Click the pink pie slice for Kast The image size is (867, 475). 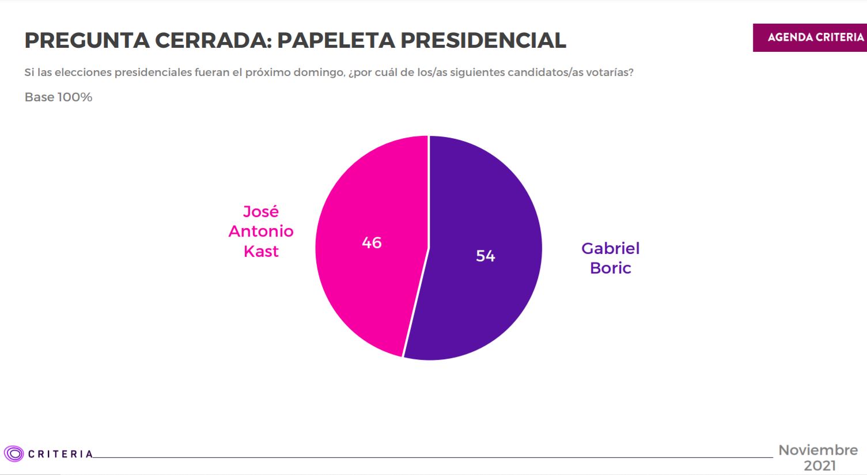[x=363, y=276]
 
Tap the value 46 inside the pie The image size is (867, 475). [x=372, y=242]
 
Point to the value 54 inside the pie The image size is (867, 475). [x=486, y=256]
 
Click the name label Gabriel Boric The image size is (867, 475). [x=611, y=258]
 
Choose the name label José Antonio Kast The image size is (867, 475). [x=261, y=231]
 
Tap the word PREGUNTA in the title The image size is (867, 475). [x=86, y=40]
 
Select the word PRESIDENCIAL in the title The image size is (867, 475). [x=483, y=40]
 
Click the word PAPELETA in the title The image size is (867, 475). [x=336, y=40]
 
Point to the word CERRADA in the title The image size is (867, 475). [x=211, y=40]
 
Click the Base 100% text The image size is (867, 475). [x=58, y=97]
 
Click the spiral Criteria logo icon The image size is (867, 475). [x=13, y=454]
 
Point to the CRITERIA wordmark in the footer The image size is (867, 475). [x=60, y=454]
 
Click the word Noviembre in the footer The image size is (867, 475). [x=818, y=450]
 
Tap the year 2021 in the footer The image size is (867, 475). [x=820, y=466]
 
